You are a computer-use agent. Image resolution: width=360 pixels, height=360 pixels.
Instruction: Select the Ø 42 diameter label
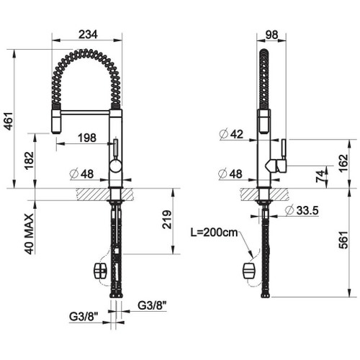[x=230, y=133]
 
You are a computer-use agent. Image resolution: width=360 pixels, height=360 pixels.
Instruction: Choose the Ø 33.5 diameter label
[x=300, y=210]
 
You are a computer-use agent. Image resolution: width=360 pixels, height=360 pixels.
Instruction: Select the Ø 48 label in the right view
[x=230, y=173]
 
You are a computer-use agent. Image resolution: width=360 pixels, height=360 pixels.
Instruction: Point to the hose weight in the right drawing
[x=250, y=270]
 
